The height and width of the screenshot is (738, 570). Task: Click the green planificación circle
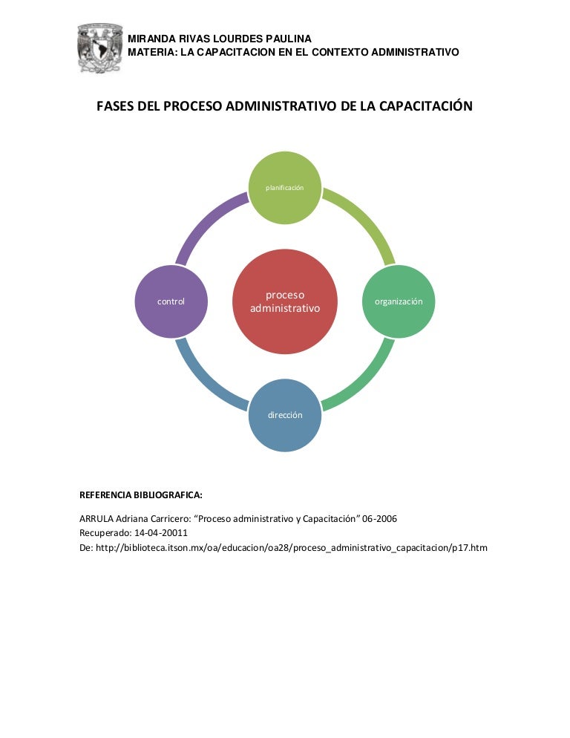pyautogui.click(x=285, y=188)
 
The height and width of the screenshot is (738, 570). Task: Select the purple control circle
pyautogui.click(x=171, y=301)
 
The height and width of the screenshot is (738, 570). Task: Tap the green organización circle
pyautogui.click(x=399, y=301)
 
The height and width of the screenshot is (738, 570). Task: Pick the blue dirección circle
pyautogui.click(x=285, y=415)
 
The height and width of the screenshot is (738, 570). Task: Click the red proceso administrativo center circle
pyautogui.click(x=285, y=301)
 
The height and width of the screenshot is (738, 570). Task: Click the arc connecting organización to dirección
pyautogui.click(x=365, y=382)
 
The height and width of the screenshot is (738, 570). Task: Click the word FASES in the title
pyautogui.click(x=115, y=106)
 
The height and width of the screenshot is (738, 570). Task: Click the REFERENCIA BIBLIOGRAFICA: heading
pyautogui.click(x=141, y=494)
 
